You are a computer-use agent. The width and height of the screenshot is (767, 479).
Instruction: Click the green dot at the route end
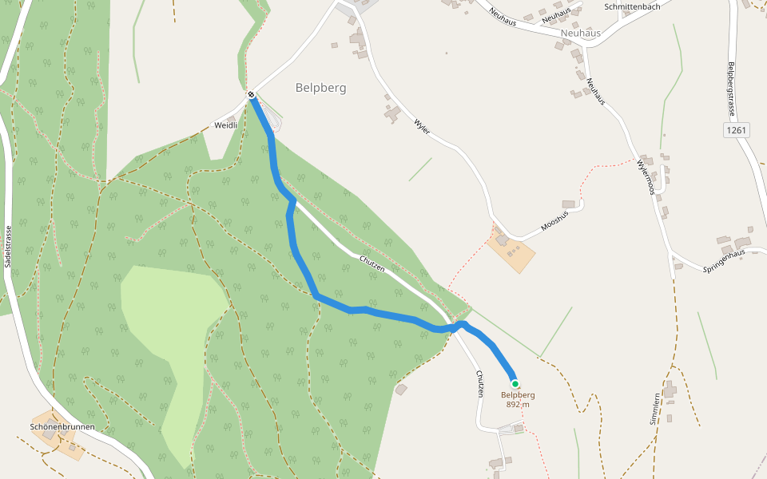[515, 383]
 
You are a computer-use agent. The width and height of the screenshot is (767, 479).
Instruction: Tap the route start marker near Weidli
[251, 95]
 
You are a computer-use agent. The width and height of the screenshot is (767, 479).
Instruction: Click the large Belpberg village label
[320, 88]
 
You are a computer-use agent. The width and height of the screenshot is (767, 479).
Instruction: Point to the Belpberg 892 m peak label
[518, 399]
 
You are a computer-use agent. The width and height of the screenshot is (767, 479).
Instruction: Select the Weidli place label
[227, 125]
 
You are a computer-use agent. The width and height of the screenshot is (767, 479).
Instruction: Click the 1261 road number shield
[737, 130]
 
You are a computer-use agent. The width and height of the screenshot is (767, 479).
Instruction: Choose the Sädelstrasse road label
[8, 245]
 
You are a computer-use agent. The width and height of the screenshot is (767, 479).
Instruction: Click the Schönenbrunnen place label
[62, 427]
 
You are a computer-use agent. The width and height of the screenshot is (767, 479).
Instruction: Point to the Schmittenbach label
[632, 6]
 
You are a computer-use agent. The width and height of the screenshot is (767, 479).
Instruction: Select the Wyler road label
[422, 126]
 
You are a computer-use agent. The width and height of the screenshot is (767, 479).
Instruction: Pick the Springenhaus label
[723, 259]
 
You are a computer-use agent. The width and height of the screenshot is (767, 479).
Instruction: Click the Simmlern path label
[654, 408]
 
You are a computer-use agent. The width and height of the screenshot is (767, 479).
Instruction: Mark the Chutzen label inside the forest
[372, 263]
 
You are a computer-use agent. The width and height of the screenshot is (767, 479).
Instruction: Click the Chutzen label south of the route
[480, 384]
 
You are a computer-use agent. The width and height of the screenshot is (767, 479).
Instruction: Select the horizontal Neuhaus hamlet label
[580, 34]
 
